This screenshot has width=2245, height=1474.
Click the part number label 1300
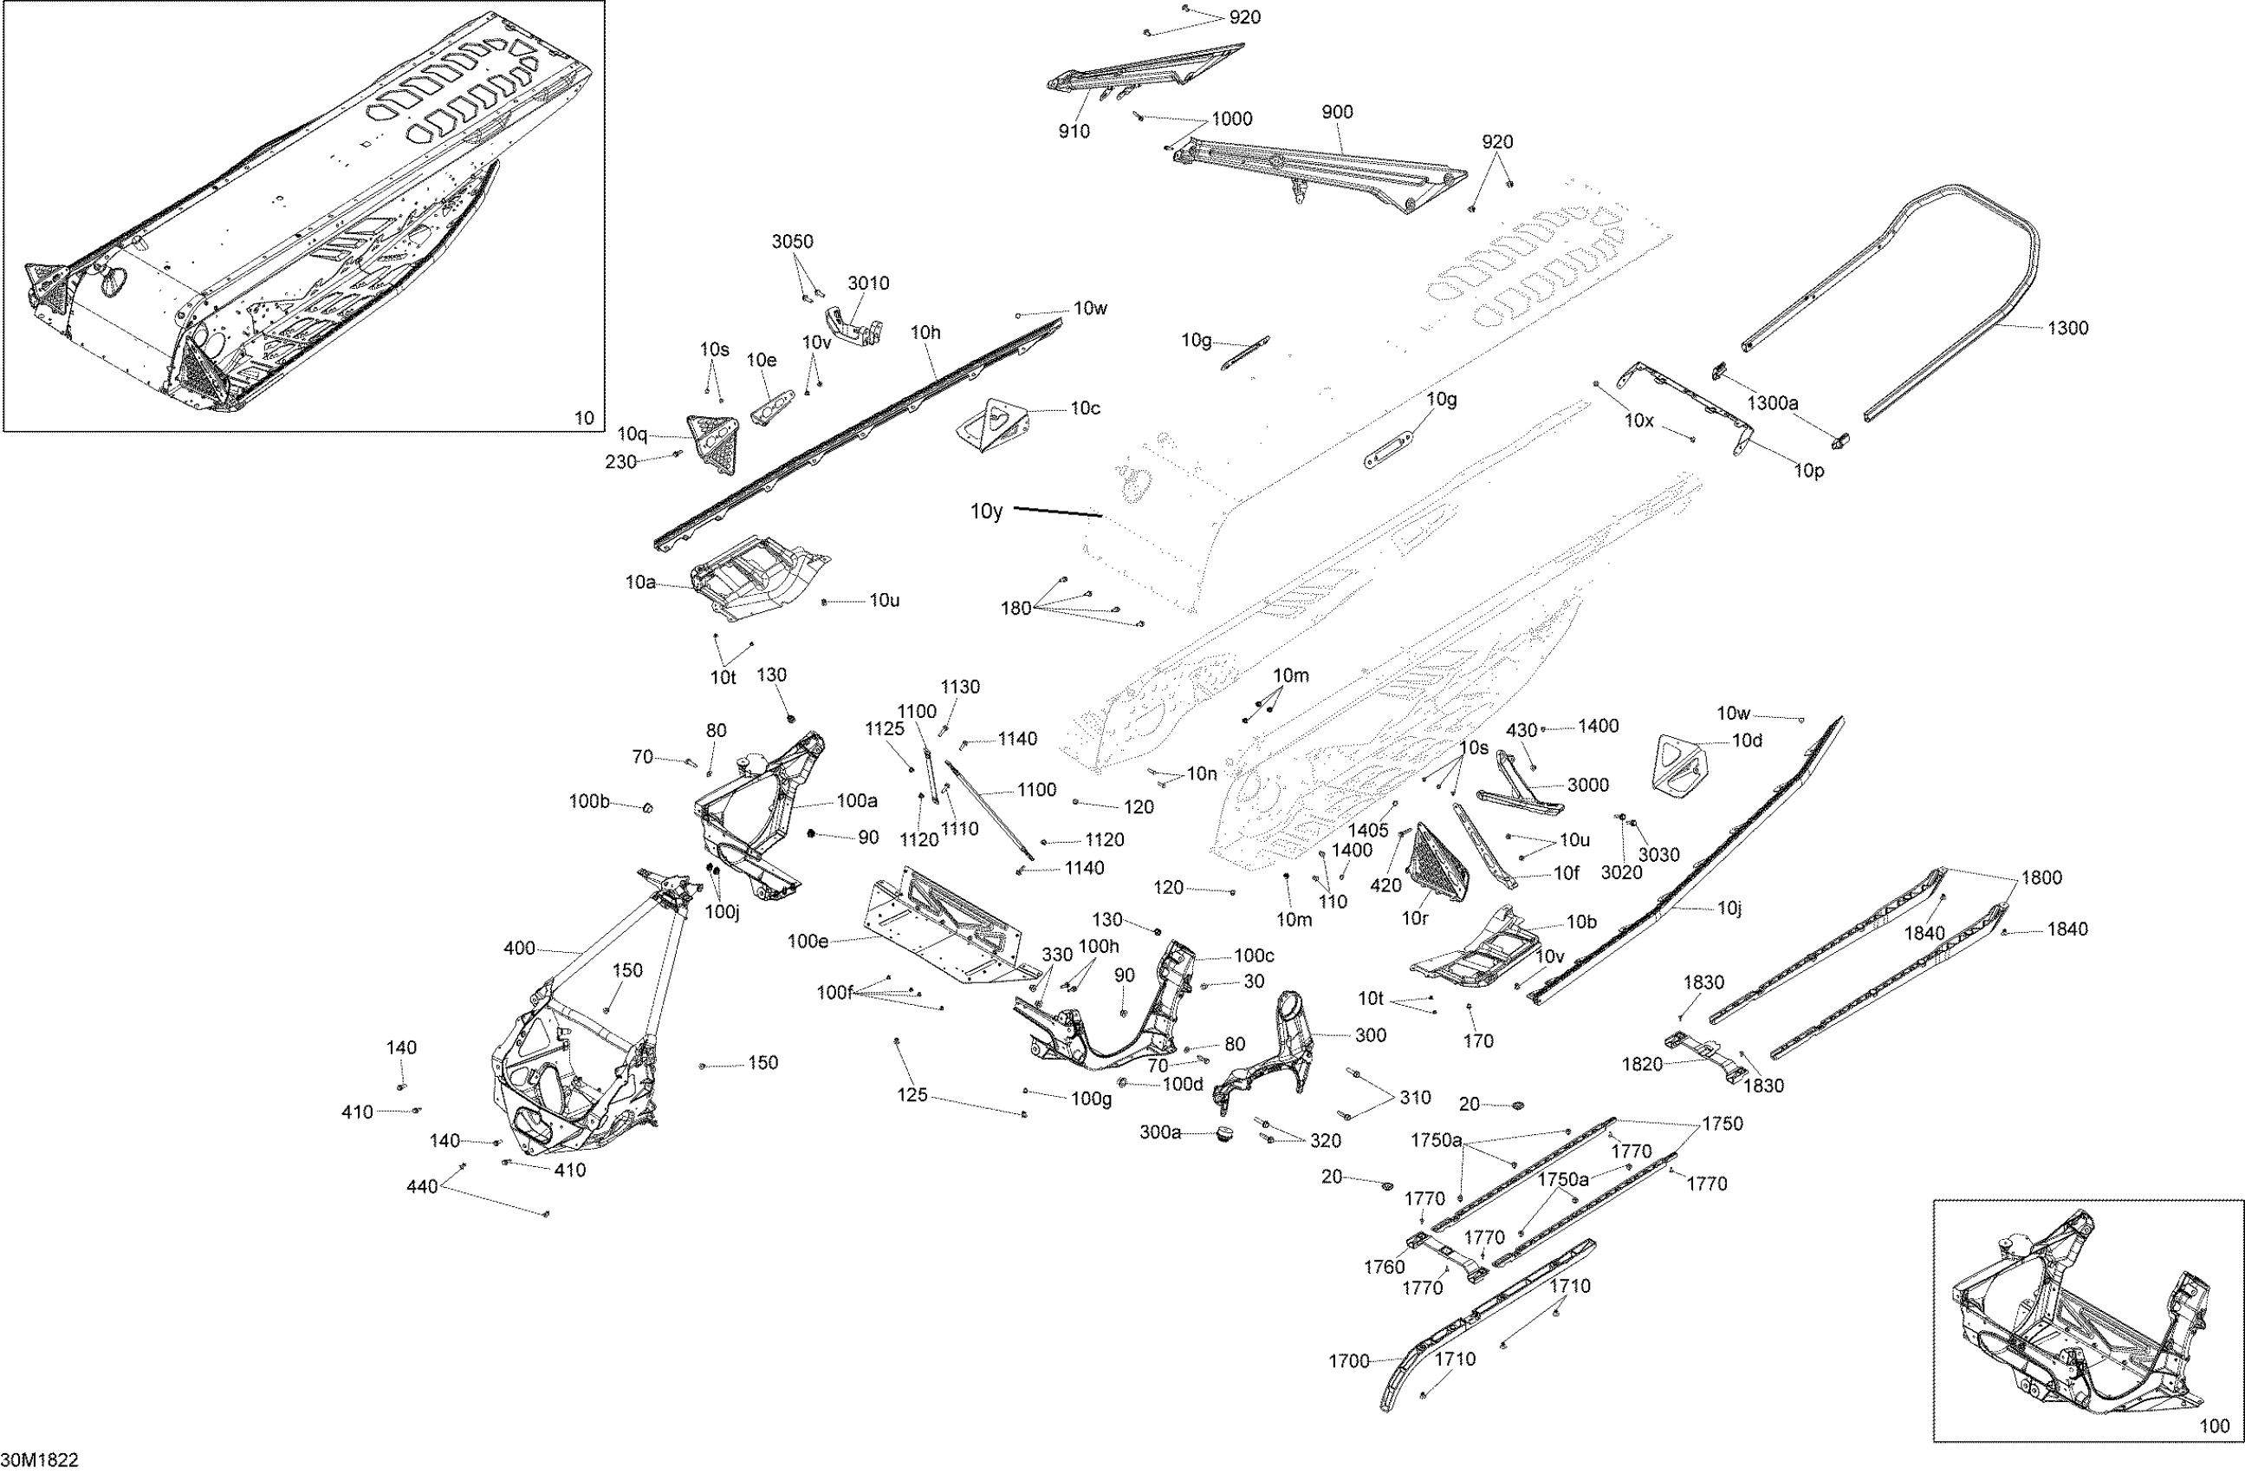coord(2067,329)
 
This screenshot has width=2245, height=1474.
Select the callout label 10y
coord(987,512)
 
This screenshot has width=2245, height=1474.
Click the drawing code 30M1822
coord(40,1460)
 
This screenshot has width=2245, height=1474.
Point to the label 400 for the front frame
coord(519,949)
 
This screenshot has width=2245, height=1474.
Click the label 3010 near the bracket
coord(868,284)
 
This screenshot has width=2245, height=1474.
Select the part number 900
coord(1337,113)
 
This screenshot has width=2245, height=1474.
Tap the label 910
coord(1074,132)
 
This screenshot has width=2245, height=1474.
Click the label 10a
coord(640,584)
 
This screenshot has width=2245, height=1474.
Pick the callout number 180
coord(1015,609)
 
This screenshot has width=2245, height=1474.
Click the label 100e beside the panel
coord(808,941)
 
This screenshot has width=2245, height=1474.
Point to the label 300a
coord(1160,1132)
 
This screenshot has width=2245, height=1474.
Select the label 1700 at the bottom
coord(1349,1360)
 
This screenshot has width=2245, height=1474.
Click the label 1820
coord(1641,1065)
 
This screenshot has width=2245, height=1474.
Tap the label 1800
coord(2042,877)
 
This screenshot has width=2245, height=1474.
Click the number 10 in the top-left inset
coord(584,418)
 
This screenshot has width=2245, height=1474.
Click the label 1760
coord(1384,1268)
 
